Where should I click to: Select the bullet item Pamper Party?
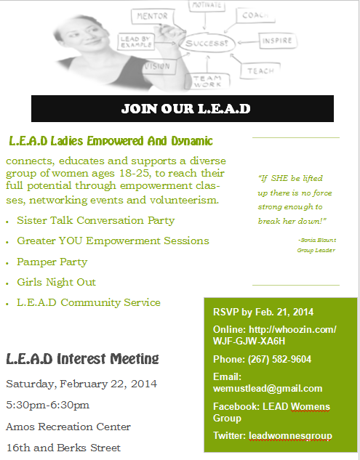[52, 262]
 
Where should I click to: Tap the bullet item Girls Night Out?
[56, 282]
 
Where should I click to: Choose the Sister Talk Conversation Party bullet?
[95, 219]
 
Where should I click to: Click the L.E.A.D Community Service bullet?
[88, 302]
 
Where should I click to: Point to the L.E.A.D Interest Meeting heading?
[82, 358]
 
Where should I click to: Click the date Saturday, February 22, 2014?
[81, 384]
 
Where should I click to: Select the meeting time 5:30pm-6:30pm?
[48, 405]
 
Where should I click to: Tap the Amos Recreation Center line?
[68, 427]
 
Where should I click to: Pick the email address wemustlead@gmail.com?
[268, 388]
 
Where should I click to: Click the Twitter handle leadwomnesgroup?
[290, 436]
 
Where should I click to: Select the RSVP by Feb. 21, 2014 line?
[263, 312]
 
